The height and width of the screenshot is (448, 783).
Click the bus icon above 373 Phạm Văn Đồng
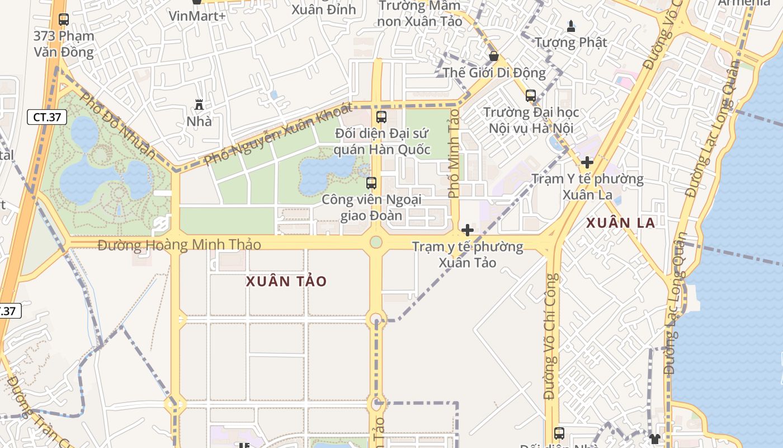tap(64, 20)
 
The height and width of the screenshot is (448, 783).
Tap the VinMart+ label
tap(197, 16)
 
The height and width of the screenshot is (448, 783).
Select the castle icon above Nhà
tap(199, 105)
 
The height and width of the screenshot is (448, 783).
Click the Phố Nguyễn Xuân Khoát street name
tap(278, 134)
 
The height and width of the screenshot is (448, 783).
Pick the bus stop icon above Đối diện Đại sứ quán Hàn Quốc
tap(381, 117)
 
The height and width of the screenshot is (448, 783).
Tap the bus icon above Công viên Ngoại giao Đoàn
tap(371, 183)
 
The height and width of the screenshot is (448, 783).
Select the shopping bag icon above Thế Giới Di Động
tap(494, 56)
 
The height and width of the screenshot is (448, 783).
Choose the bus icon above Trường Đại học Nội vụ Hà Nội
tap(531, 96)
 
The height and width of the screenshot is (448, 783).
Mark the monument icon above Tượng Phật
tap(571, 26)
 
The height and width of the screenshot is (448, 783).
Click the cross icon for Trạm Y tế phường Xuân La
tap(587, 163)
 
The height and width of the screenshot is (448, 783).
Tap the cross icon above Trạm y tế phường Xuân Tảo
tap(468, 230)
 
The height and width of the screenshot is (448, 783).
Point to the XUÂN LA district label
tap(620, 222)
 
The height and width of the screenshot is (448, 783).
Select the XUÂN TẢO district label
tap(286, 281)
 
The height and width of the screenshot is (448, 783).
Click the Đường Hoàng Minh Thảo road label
tap(180, 245)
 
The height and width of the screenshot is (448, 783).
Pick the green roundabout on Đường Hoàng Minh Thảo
tap(376, 242)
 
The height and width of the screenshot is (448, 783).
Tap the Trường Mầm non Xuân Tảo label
tap(419, 13)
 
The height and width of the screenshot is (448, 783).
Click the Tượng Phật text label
tap(571, 42)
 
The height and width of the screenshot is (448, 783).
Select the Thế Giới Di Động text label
tap(494, 73)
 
